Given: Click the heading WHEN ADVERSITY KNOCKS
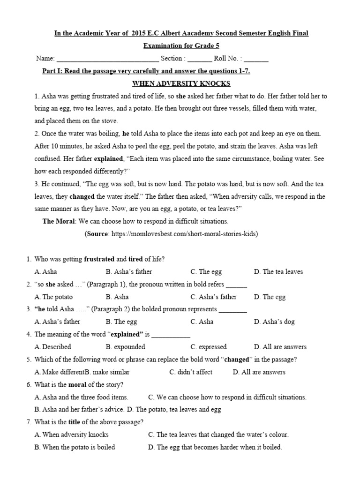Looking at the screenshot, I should coord(181,83).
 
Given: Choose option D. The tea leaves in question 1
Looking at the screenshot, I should coord(278,271).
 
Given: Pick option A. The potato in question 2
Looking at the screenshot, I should coord(54,297).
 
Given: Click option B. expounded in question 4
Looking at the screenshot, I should coord(125,347).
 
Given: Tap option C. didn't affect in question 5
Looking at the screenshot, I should coord(191,372).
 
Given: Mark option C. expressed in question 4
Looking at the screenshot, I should coord(208,347).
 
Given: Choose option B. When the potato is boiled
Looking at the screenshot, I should coord(75,447).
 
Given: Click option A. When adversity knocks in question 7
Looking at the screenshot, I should coord(71,435).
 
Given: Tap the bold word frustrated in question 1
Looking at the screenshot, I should coord(99,259).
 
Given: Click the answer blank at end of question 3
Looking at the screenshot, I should coord(233,309).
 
